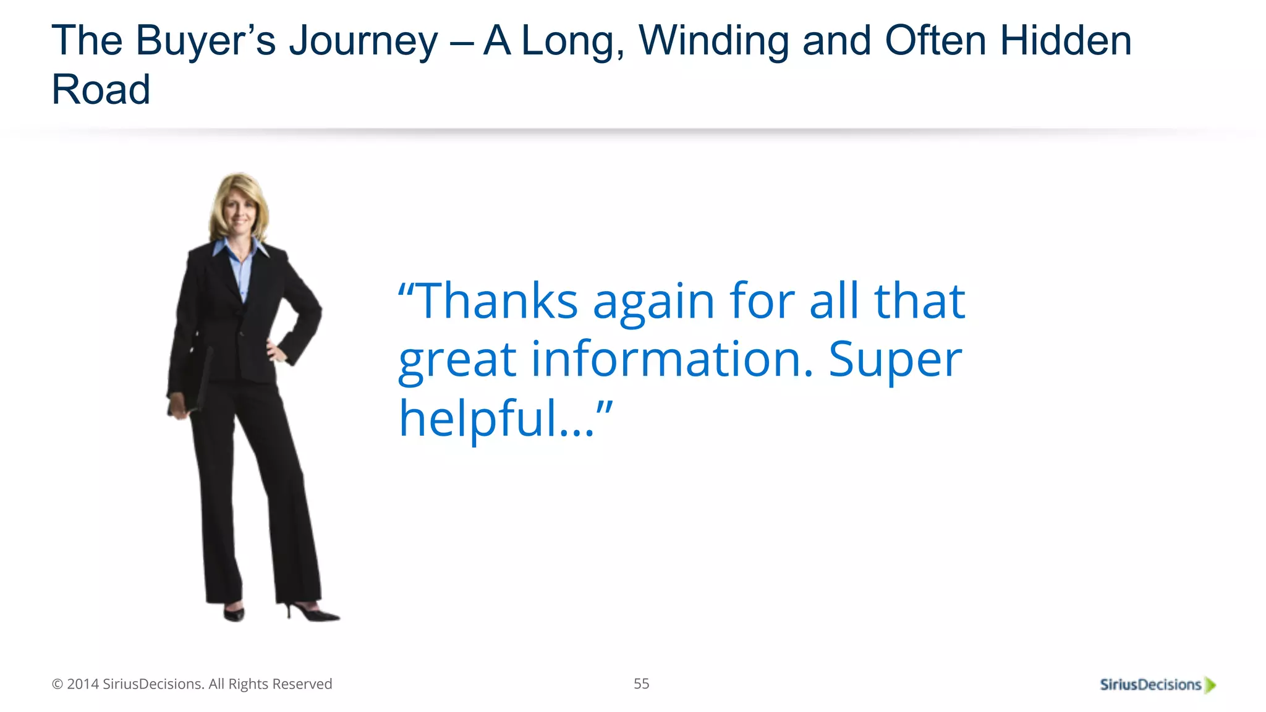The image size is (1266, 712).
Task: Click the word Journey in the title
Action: (363, 41)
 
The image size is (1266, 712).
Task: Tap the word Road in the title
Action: (101, 90)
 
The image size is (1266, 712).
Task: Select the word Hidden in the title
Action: (1066, 41)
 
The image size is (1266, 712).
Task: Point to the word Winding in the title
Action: (713, 41)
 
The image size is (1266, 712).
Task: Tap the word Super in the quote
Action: (895, 360)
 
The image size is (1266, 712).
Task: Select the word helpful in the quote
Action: (478, 418)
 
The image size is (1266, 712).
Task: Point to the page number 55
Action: (641, 684)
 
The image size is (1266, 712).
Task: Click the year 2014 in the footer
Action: (83, 684)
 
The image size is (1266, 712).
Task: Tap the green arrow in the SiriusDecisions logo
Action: (1210, 685)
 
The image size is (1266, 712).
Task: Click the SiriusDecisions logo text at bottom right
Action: (1150, 685)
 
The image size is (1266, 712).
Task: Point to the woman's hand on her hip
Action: (276, 351)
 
